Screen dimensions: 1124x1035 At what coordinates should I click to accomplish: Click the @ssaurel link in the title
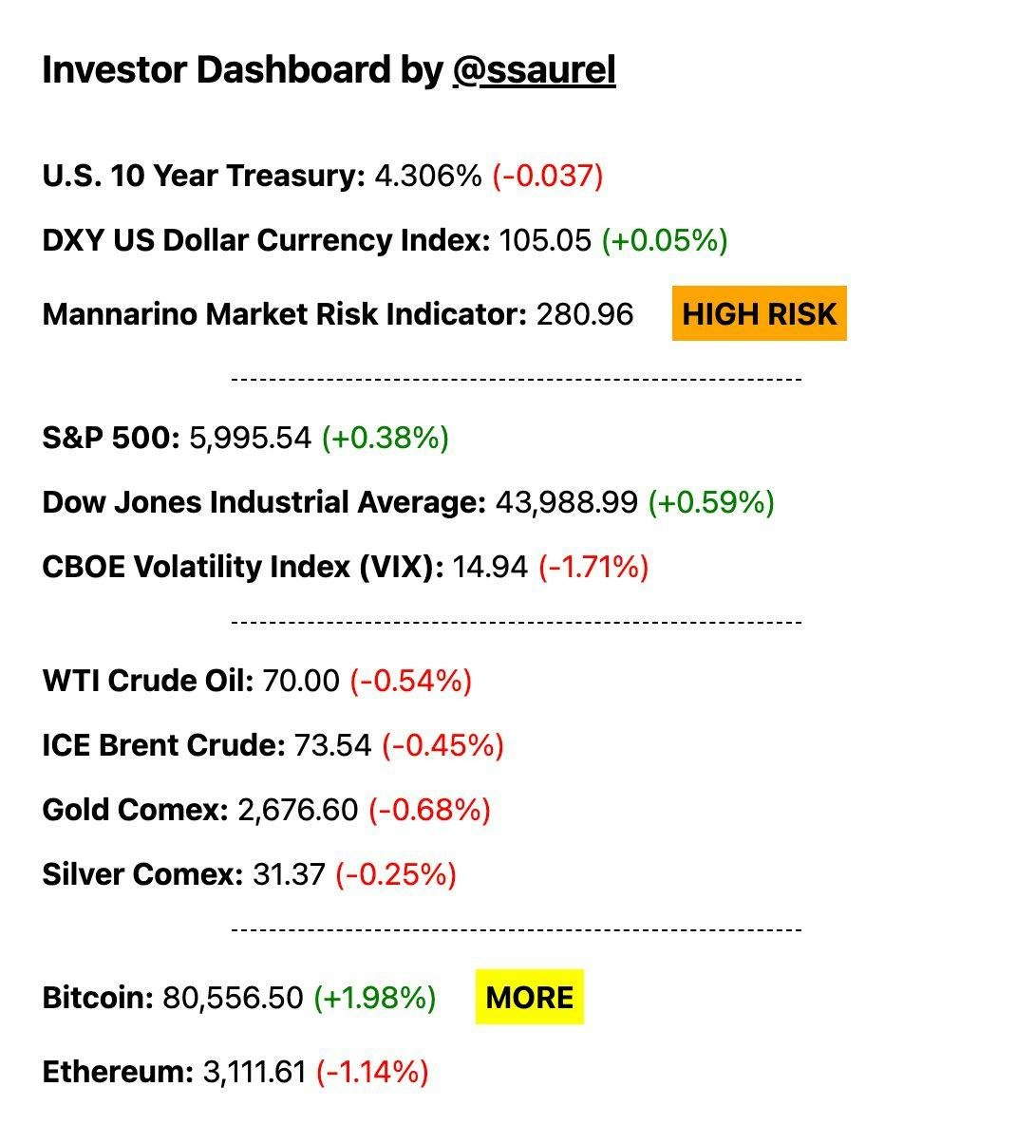534,70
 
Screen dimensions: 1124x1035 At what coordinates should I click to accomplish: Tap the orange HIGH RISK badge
759,313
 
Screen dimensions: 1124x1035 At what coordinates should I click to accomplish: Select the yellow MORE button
529,997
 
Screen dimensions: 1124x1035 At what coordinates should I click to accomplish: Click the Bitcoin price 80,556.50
233,998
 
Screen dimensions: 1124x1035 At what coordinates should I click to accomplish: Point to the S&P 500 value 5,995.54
251,438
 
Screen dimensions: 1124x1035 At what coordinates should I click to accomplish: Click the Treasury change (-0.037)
547,176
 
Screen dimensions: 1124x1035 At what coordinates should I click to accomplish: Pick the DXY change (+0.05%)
664,240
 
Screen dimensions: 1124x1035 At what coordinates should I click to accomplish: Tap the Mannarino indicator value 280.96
584,314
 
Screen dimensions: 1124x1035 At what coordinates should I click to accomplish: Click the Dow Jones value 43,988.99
566,502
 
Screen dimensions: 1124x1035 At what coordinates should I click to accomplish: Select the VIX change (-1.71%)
593,567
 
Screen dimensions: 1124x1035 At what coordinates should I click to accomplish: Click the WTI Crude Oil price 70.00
300,681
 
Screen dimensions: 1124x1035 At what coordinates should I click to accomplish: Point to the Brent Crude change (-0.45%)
442,745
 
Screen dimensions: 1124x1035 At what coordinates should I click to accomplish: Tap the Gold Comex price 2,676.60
298,810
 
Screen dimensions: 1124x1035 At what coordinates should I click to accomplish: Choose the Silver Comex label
142,874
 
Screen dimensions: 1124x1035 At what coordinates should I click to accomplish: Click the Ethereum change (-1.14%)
372,1072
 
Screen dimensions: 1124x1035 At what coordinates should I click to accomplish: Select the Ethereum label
118,1072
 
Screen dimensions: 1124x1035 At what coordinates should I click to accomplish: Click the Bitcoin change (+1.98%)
374,998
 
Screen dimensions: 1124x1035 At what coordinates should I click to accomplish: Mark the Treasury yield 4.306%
428,176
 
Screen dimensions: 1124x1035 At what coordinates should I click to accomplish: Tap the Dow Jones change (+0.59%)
711,502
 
